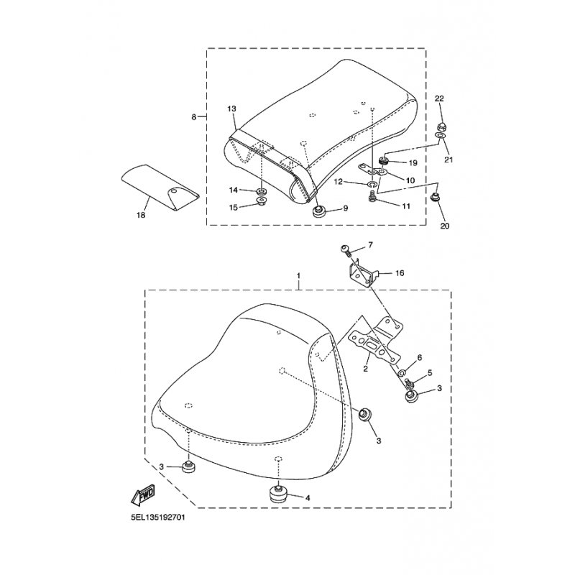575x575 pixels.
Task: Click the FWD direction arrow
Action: point(143,495)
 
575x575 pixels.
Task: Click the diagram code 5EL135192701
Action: point(158,517)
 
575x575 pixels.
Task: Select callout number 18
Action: point(141,215)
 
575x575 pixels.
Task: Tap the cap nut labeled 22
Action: point(442,126)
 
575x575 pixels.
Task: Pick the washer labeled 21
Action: point(441,136)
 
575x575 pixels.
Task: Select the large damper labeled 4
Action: point(277,494)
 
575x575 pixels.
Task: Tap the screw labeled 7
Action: point(346,250)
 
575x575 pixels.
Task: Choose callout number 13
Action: point(231,109)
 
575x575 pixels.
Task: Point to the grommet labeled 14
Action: point(262,191)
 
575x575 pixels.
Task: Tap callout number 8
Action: point(193,117)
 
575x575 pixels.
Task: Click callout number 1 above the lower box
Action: point(298,275)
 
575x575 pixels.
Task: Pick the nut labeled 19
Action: point(385,160)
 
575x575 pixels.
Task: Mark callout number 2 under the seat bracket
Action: point(365,369)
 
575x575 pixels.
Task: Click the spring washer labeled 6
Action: point(402,373)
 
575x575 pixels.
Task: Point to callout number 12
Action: point(338,182)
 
